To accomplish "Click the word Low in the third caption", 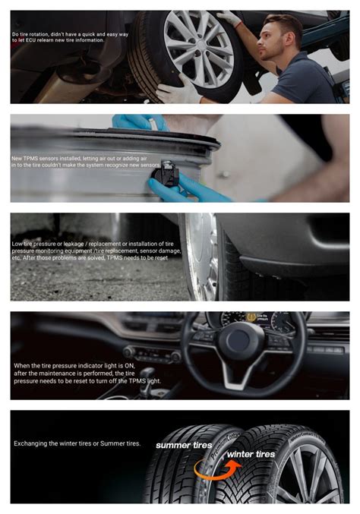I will click(17, 244).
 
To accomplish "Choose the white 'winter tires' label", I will click(250, 454).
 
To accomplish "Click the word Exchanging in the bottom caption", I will click(32, 443).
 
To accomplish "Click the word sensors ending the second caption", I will click(150, 165).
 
